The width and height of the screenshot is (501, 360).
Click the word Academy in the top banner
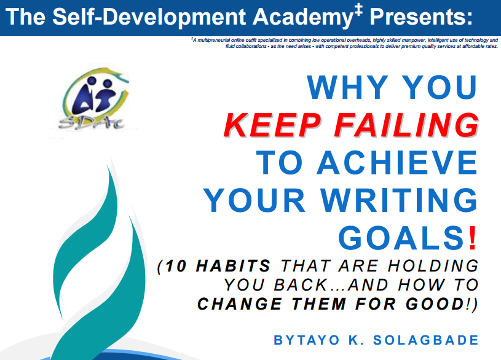[303, 17]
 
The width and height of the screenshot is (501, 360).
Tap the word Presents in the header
[421, 17]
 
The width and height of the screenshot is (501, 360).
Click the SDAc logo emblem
[94, 100]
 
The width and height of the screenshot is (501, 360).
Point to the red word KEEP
[272, 125]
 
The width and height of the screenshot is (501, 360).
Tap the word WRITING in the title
[399, 200]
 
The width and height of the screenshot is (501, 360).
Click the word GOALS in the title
[401, 238]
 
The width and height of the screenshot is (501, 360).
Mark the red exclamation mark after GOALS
[473, 238]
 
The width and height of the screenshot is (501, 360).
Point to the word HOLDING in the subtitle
[433, 266]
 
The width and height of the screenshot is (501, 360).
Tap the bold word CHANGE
[239, 303]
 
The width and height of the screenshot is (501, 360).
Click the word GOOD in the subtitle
[435, 303]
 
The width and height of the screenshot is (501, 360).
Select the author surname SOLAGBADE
[426, 340]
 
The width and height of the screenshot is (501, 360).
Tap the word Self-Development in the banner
[149, 17]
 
